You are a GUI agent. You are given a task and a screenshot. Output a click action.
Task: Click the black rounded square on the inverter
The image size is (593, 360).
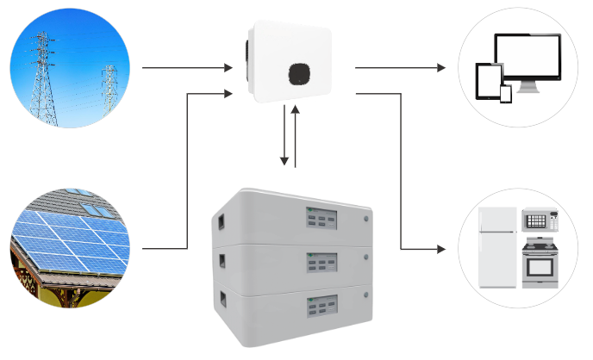coord(299,74)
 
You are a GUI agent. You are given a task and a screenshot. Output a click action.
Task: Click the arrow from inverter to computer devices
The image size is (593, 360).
coord(401,66)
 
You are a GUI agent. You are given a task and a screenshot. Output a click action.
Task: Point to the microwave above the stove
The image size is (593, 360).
coord(540,221)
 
